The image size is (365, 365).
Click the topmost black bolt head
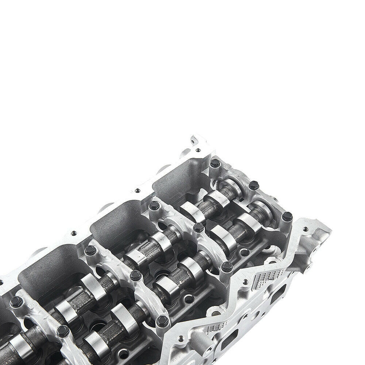click(x=215, y=163)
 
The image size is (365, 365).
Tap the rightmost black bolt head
click(x=287, y=216)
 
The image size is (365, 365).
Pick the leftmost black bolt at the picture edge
click(x=16, y=301)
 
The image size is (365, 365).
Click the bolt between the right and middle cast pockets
click(x=154, y=205)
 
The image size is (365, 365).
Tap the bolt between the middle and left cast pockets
click(x=90, y=250)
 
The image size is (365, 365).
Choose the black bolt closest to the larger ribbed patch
click(x=227, y=267)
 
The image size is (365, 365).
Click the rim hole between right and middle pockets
click(x=137, y=190)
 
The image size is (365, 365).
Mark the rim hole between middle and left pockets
click(x=74, y=233)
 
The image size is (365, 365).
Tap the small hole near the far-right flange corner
click(x=305, y=229)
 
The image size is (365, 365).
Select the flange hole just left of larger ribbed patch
click(x=245, y=281)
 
